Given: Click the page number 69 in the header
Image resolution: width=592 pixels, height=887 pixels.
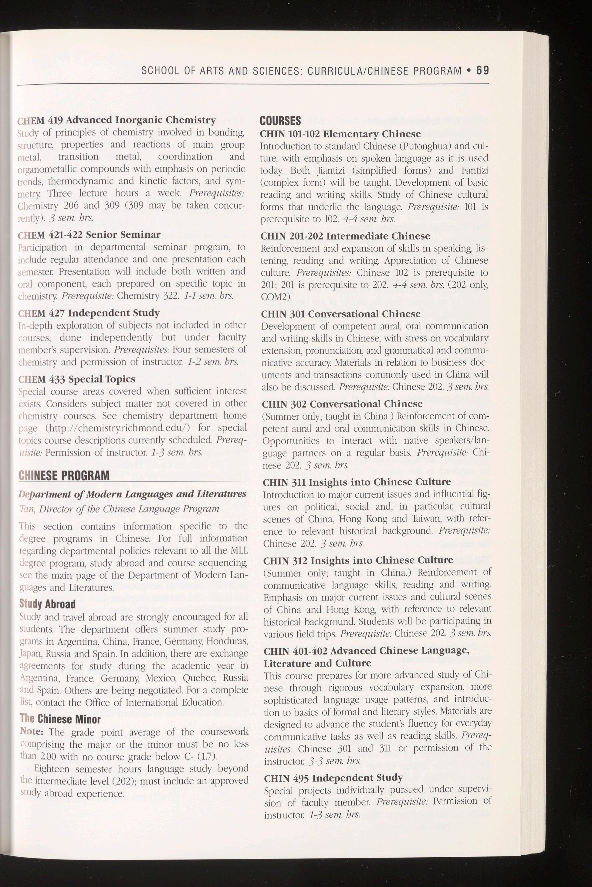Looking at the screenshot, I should click(482, 71).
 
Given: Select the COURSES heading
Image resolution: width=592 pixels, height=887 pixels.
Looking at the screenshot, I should click(280, 121).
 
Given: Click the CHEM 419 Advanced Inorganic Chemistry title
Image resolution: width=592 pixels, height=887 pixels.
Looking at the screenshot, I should click(117, 120).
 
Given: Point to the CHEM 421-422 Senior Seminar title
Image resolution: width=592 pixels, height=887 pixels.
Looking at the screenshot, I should click(90, 235).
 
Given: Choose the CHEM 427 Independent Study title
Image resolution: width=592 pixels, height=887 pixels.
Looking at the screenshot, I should click(89, 313).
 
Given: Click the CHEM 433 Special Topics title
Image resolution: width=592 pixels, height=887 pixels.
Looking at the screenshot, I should click(77, 379).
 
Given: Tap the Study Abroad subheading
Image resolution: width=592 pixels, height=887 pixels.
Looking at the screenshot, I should click(48, 604).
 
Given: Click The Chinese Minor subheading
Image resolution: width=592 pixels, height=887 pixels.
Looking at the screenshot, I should click(60, 719).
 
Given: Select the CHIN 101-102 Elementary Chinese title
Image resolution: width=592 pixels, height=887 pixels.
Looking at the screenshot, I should click(340, 134).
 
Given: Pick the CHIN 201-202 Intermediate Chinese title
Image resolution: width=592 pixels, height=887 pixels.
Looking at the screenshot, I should click(345, 236).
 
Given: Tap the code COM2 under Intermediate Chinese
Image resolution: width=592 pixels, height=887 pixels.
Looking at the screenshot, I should click(276, 297).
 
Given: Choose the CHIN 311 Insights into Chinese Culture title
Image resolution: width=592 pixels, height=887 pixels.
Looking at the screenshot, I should click(357, 482).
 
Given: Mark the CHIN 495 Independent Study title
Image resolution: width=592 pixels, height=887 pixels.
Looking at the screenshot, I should click(333, 778).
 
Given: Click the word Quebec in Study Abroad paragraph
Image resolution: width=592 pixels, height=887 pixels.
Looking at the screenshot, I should click(199, 678).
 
